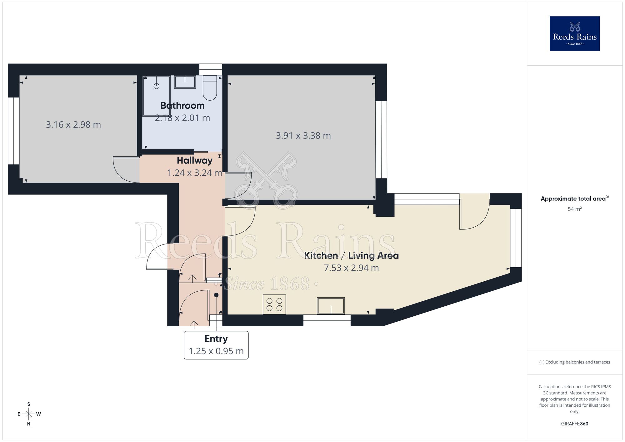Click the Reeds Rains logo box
(x=574, y=34)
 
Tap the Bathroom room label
(x=182, y=106)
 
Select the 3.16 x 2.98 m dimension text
(x=73, y=125)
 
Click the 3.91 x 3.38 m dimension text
(x=303, y=136)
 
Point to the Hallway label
(x=194, y=161)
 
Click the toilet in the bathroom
(x=210, y=88)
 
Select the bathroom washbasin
(x=185, y=82)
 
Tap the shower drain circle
(x=157, y=86)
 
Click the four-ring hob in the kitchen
(x=274, y=304)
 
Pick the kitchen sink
(x=331, y=306)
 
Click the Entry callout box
(x=216, y=345)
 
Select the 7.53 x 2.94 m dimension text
(x=351, y=268)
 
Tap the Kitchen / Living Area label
(x=351, y=256)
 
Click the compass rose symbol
(x=29, y=414)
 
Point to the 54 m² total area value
(x=574, y=209)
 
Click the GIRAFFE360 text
(x=574, y=424)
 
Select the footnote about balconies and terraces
(x=574, y=362)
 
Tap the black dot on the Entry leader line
(x=216, y=295)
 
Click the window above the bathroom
(x=210, y=69)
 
